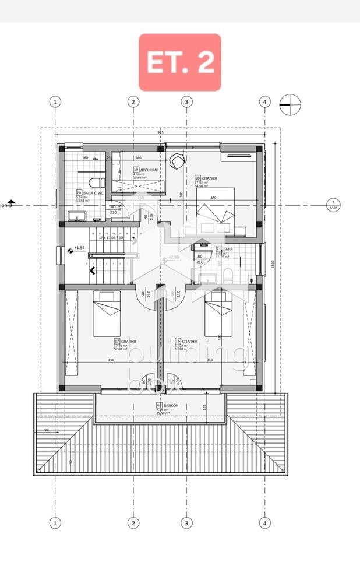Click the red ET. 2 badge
coord(179,62)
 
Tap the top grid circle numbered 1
coord(55,101)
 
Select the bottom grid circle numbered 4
coord(265,523)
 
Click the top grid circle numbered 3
coord(186,101)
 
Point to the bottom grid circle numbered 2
coord(133,523)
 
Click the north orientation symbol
coord(290,105)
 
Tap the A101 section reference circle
coord(333,205)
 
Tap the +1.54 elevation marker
coord(78,248)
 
